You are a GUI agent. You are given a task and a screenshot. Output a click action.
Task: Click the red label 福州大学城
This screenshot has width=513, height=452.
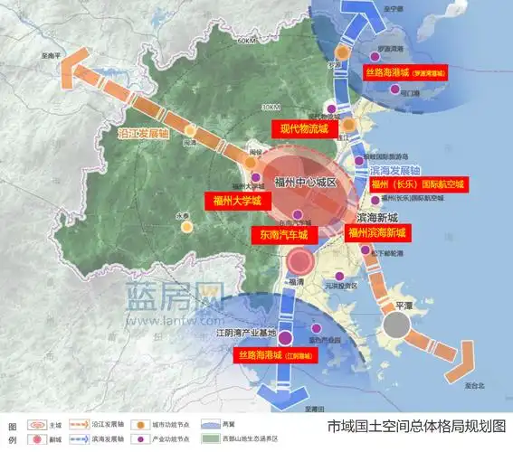point(237,202)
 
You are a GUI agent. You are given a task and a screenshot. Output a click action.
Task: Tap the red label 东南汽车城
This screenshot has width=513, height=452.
point(283,235)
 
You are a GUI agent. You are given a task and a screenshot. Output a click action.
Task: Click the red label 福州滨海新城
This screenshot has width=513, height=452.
point(376,232)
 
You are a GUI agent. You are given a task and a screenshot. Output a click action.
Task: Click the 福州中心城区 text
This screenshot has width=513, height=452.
point(304,182)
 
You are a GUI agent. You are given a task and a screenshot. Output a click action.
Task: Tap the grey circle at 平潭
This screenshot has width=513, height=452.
point(395,324)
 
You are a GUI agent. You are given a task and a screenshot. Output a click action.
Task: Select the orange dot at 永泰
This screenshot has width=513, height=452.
point(187,227)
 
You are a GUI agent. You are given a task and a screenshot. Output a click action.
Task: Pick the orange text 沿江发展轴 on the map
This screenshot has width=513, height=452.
point(144,133)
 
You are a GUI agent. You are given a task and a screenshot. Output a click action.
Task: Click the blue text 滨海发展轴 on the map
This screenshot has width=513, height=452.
point(395,170)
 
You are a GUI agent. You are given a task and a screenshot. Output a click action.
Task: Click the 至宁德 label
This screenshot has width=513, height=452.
point(392,8)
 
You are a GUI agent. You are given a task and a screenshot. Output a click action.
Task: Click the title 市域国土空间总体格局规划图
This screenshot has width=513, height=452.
point(416,425)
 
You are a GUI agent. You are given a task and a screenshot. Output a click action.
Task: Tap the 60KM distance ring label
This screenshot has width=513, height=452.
point(245,42)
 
